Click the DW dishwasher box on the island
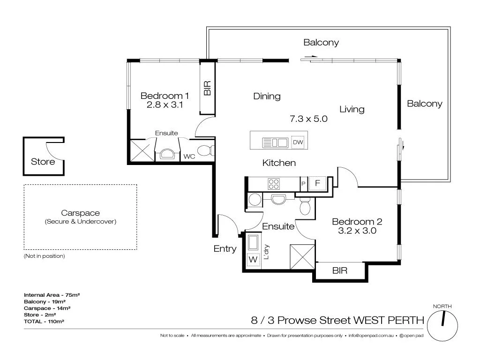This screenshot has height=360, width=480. (x=298, y=142)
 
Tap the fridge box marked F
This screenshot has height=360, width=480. (x=317, y=183)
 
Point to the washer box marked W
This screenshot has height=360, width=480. (x=253, y=258)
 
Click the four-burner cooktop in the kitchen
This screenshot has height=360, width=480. (x=273, y=183)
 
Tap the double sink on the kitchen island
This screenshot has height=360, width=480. (x=275, y=142)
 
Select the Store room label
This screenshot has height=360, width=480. (x=43, y=162)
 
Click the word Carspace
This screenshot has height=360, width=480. (x=80, y=213)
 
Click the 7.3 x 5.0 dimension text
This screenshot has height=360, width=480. (x=308, y=119)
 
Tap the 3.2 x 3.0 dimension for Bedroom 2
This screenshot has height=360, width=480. (x=357, y=231)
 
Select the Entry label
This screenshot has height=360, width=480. (x=225, y=249)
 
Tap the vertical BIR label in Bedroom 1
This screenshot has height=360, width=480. (x=208, y=88)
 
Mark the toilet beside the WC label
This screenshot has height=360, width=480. (x=205, y=151)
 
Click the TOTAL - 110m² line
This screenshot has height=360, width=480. (x=44, y=322)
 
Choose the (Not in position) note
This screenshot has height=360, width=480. (x=44, y=256)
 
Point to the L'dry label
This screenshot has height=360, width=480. (x=266, y=254)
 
